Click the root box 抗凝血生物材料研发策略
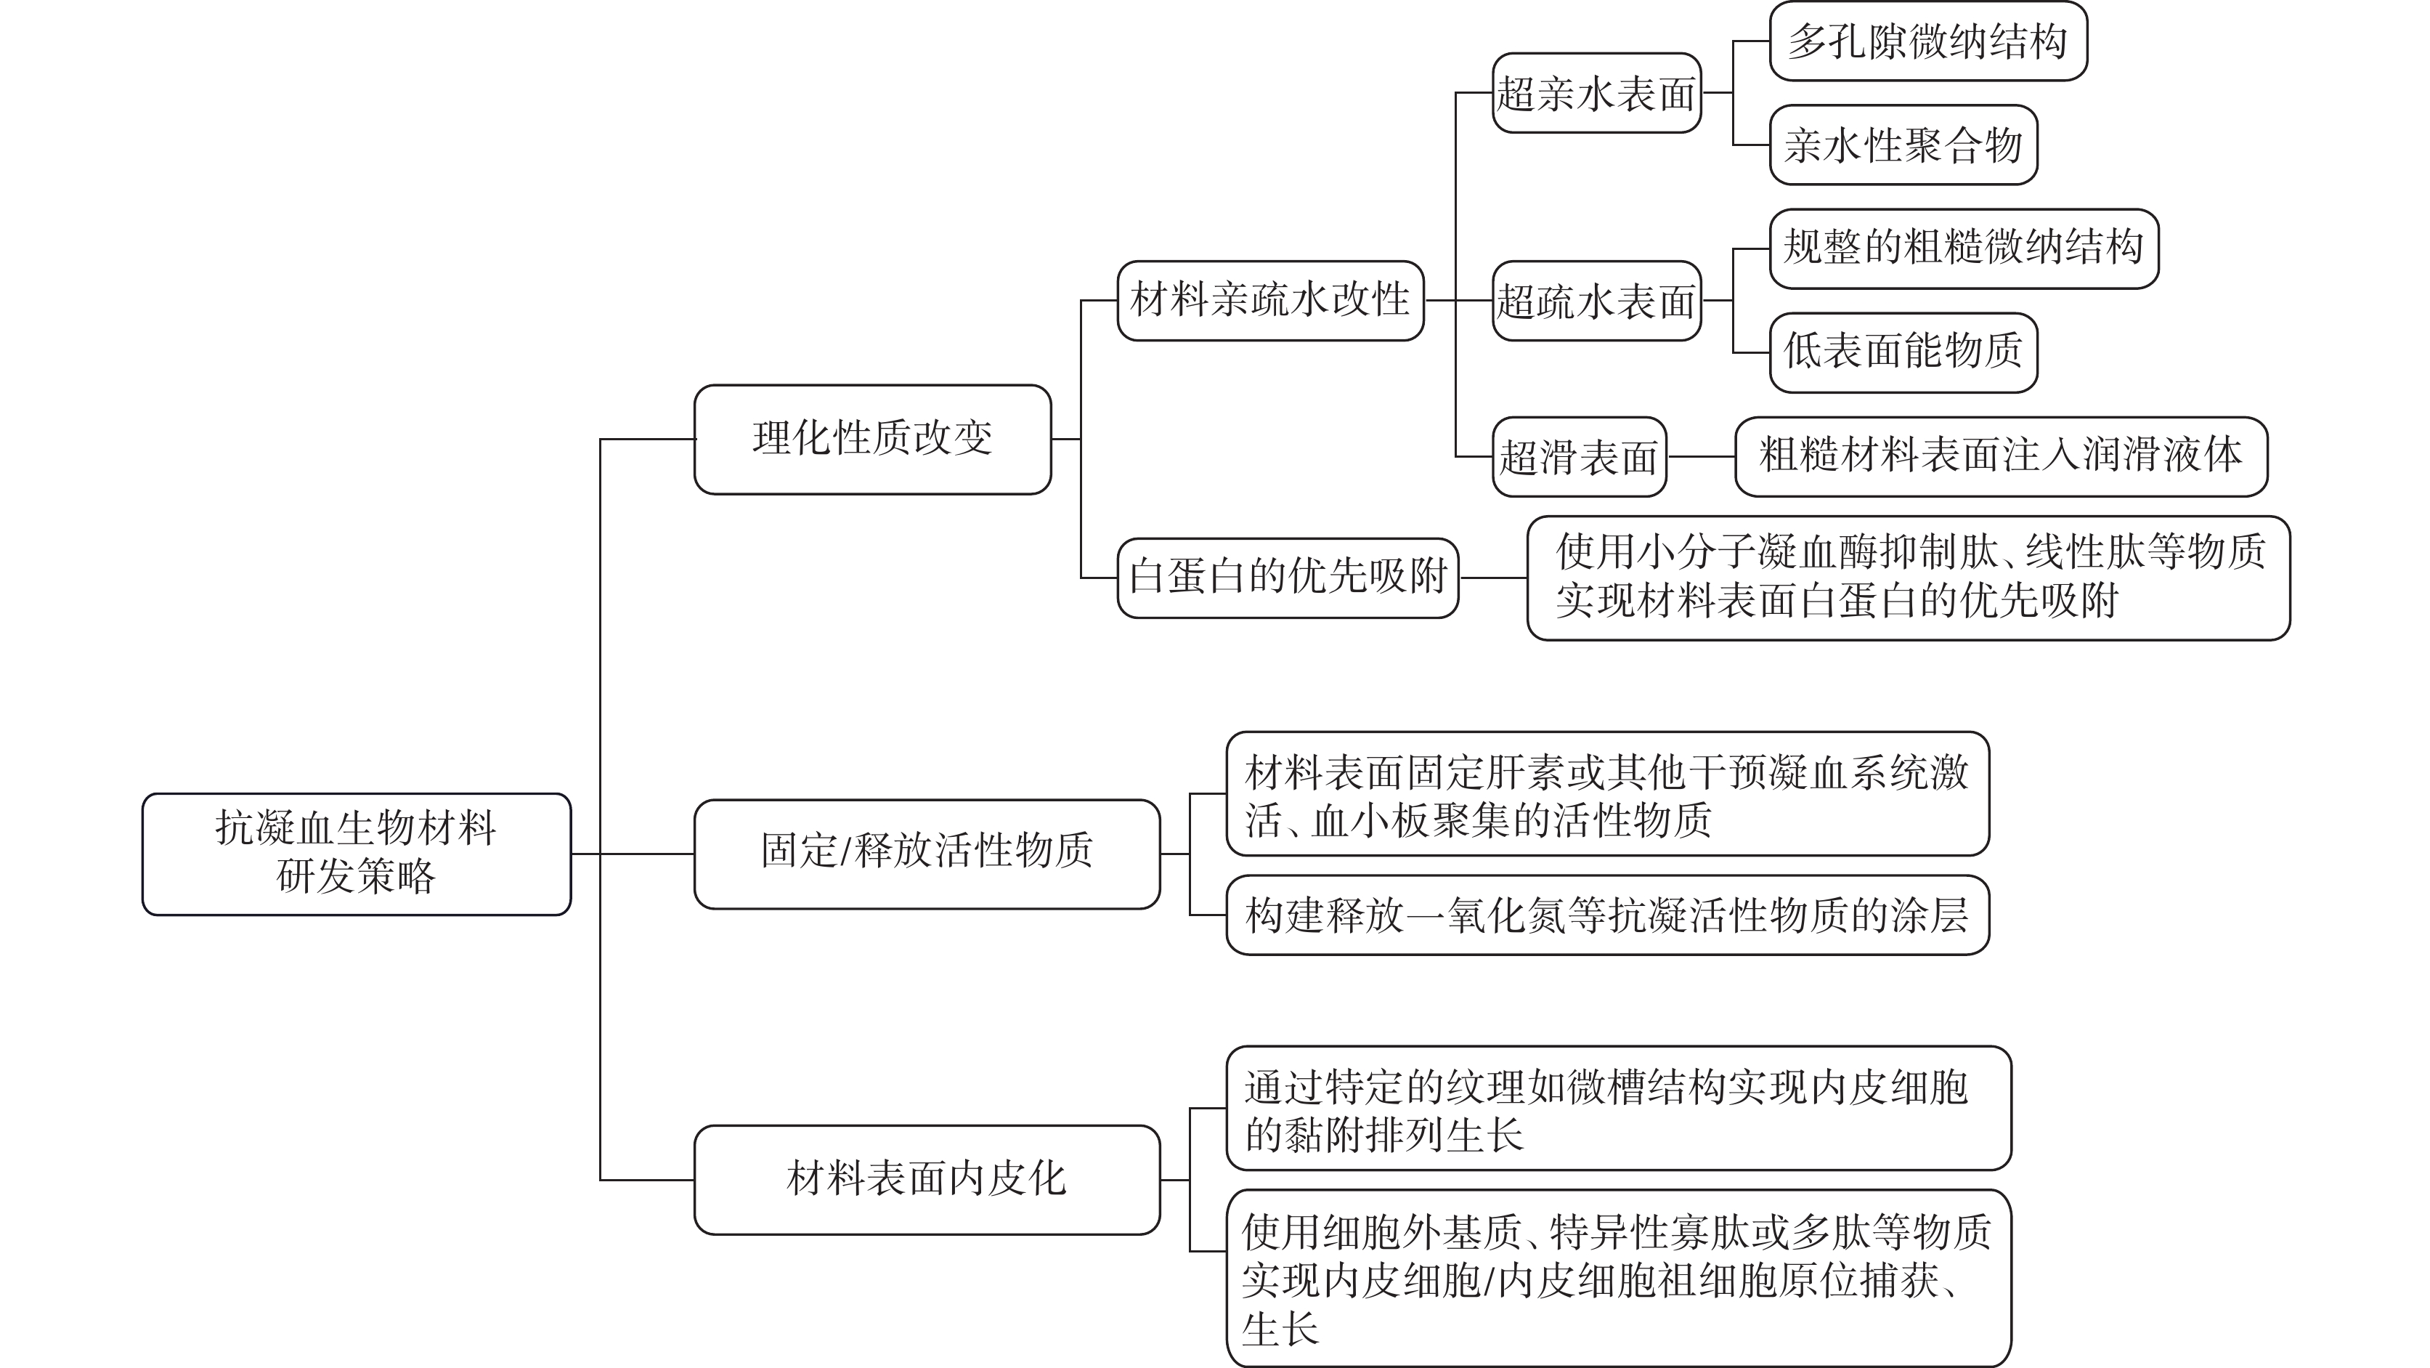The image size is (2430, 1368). point(357,854)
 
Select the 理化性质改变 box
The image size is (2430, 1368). point(872,439)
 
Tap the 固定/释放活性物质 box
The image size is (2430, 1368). point(927,854)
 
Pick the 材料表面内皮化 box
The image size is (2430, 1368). point(927,1179)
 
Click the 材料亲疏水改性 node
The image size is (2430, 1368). point(1271,301)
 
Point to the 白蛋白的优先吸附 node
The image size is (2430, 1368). point(1288,578)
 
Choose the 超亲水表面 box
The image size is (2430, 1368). point(1597,92)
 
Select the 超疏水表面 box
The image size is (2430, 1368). point(1597,301)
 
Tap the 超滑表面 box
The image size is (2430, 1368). point(1579,457)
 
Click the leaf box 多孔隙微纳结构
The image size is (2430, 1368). point(1928,41)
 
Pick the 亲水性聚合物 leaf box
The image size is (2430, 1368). point(1903,145)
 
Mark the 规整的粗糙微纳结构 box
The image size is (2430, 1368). point(1964,248)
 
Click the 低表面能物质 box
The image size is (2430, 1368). point(1903,352)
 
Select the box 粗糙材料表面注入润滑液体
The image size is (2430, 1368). point(2001,457)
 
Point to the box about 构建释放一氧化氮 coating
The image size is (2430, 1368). point(1607,915)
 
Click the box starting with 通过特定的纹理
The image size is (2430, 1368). point(1619,1108)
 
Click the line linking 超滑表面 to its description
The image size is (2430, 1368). point(1701,457)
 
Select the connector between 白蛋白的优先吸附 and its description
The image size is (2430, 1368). point(1493,578)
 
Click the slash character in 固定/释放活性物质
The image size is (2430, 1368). point(845,851)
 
